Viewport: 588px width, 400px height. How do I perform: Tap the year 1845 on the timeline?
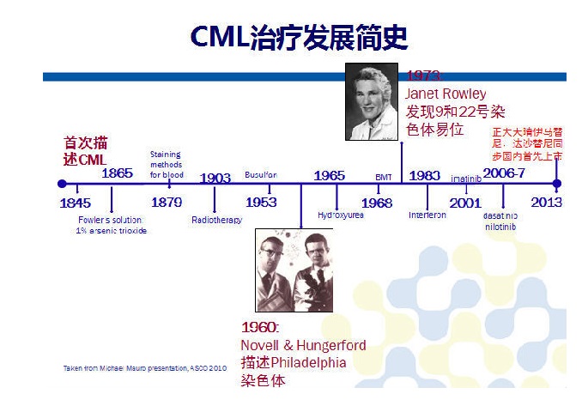76,203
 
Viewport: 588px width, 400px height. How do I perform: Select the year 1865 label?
117,173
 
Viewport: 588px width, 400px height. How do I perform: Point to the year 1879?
167,203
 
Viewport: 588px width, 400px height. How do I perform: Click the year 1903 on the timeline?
215,179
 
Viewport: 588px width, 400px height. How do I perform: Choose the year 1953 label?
261,203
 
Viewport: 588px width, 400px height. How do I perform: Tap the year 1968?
377,203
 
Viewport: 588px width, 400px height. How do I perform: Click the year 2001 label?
465,203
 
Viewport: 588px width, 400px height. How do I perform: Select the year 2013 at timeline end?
546,203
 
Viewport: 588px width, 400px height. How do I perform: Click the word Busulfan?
261,174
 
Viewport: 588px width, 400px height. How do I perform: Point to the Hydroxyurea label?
341,215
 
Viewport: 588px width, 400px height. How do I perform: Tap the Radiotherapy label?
216,221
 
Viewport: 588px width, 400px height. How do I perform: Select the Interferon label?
427,215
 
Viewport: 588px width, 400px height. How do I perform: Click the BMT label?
384,177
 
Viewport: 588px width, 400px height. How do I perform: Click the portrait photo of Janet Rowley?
373,101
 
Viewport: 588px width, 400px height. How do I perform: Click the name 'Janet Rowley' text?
446,94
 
